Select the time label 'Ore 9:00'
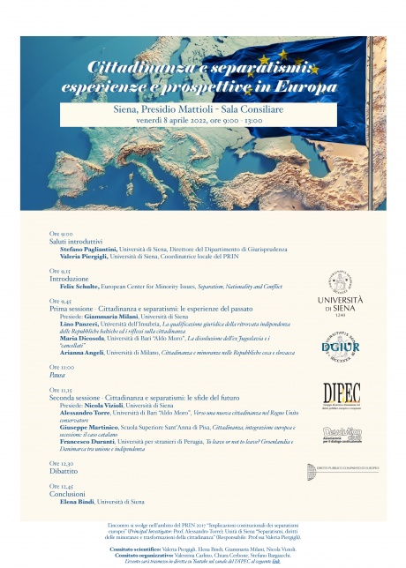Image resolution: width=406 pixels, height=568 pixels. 61,233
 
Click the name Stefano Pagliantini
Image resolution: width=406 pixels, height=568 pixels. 91,250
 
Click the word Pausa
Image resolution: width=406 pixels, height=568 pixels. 58,374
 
